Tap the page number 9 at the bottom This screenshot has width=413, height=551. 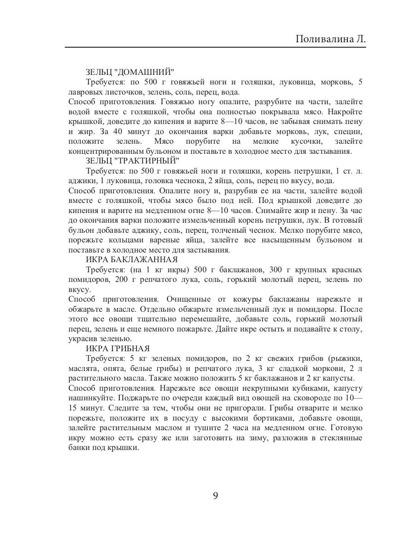point(215,496)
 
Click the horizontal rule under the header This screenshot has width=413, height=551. point(215,47)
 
